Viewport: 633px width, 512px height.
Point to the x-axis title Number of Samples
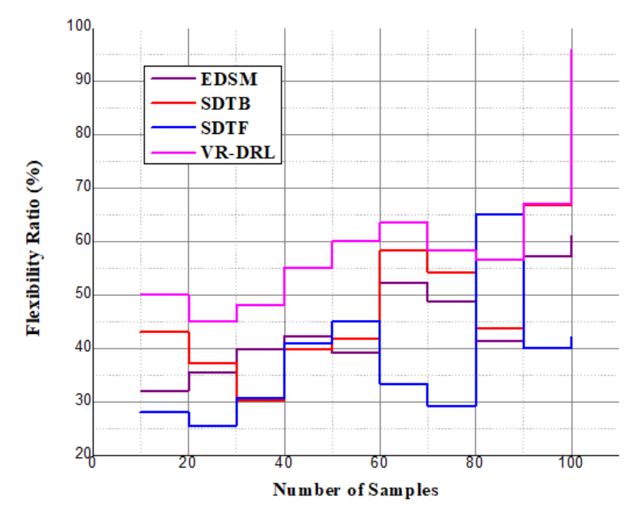coord(355,490)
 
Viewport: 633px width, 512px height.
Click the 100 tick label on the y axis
coord(81,29)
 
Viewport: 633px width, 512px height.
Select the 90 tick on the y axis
coord(84,81)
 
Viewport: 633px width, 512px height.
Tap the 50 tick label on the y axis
coord(84,295)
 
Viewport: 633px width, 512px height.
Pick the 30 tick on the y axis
coord(84,402)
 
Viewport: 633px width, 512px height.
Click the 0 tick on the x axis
coord(92,463)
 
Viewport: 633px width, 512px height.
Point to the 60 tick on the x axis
coord(379,463)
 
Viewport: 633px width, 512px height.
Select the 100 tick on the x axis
coord(571,463)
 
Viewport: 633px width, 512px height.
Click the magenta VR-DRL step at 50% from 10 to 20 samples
coord(164,294)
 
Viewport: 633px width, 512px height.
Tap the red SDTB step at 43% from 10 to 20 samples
coord(164,332)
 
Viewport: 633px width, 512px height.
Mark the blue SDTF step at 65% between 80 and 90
coord(499,214)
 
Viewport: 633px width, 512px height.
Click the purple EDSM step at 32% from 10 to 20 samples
coord(164,390)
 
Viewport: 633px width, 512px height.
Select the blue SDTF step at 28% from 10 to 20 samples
coord(164,412)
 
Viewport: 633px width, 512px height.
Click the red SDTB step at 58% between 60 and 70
coord(403,250)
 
